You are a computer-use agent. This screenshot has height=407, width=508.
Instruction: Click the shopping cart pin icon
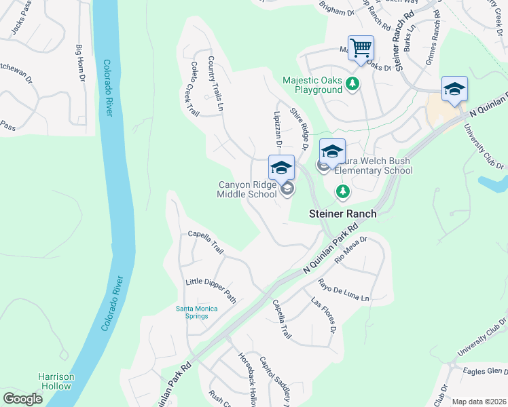coord(361,47)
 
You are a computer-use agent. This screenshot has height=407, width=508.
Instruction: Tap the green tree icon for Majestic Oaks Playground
coord(352,84)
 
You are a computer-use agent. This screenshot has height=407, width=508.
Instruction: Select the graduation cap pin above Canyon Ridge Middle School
coord(281,168)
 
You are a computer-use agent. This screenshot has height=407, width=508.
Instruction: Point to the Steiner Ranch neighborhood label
coord(342,213)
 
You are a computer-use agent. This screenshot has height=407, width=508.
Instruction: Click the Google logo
coord(22,398)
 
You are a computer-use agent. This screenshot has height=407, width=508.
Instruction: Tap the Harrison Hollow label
coord(54,381)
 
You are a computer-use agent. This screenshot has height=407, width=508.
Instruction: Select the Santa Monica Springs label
coord(197,313)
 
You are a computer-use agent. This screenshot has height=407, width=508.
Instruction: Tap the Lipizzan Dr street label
coord(277,129)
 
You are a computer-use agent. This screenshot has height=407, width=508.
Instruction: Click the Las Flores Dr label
coord(325,315)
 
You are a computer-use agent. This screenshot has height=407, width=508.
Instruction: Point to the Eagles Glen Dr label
coord(484,371)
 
